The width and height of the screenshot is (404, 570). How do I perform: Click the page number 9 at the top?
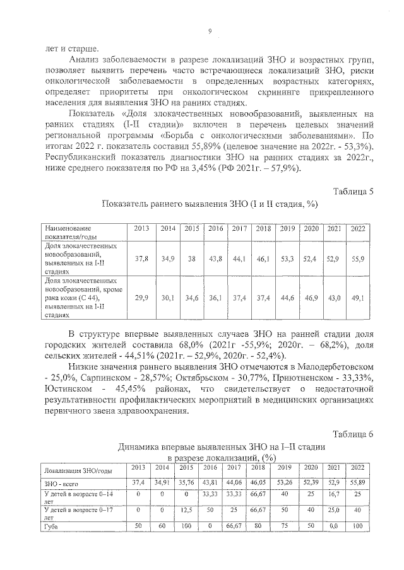(x=210, y=32)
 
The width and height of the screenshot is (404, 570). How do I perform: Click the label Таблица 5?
(x=353, y=191)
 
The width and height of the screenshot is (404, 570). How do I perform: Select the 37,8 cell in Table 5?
(x=142, y=259)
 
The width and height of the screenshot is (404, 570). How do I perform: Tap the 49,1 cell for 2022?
(x=358, y=298)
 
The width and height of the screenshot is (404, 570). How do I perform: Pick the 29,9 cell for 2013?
(x=142, y=298)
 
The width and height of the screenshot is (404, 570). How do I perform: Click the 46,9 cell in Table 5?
(x=311, y=298)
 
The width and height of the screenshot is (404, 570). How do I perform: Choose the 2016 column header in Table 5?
(x=216, y=228)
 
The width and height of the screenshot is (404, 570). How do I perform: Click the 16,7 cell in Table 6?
(x=334, y=496)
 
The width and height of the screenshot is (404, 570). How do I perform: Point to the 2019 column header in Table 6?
(x=285, y=467)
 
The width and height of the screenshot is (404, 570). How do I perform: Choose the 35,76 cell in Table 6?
(x=186, y=482)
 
